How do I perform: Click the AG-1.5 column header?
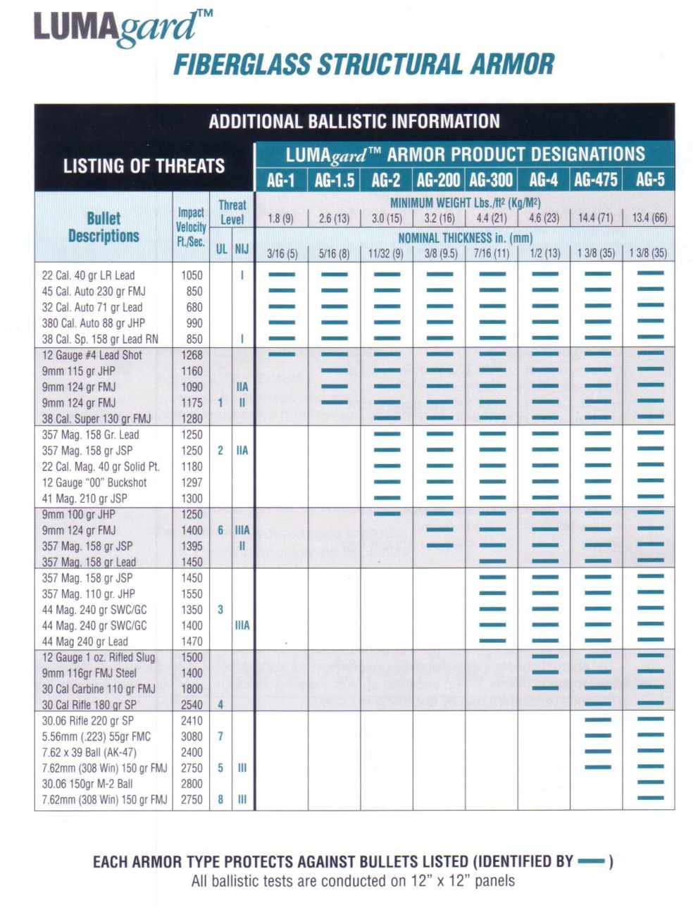334,180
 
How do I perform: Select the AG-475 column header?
596,180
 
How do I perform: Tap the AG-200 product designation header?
439,180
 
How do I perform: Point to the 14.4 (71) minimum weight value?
596,218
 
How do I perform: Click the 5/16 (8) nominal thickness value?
334,253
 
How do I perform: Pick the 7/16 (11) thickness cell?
492,253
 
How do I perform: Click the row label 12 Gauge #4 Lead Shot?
92,355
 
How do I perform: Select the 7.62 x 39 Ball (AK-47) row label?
89,752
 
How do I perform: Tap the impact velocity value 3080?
192,737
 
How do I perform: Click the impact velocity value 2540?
192,705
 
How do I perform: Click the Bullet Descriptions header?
104,227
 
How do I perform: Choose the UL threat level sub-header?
221,249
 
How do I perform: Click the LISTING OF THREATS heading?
144,166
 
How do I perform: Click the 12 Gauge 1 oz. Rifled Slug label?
99,657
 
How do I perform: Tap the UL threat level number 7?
220,737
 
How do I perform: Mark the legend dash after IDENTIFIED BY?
591,861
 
